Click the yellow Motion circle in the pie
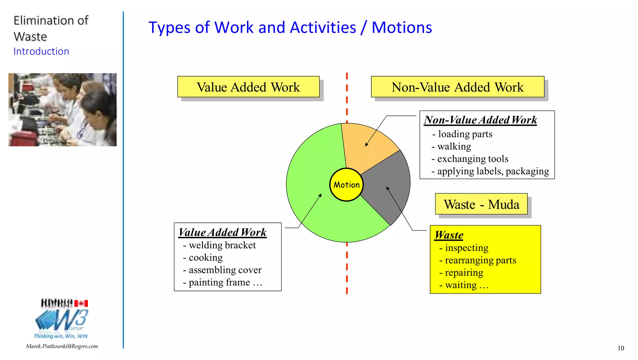coord(346,185)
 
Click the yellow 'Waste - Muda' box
coord(481,204)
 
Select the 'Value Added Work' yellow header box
coord(248,87)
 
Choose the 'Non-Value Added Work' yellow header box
coord(457,87)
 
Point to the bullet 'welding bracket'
coord(222,245)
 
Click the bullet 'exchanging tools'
coord(473,159)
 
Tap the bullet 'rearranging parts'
coord(480,260)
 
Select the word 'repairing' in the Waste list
coord(464,273)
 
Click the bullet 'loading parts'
coord(465,134)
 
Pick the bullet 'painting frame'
coord(219,282)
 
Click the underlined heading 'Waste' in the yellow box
coord(449,235)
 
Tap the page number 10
coord(621,348)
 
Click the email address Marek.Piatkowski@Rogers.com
coord(62,346)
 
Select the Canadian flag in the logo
coord(81,303)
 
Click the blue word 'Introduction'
coord(41,51)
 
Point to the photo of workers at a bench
coord(62,110)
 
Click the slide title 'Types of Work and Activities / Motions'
coord(290,27)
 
